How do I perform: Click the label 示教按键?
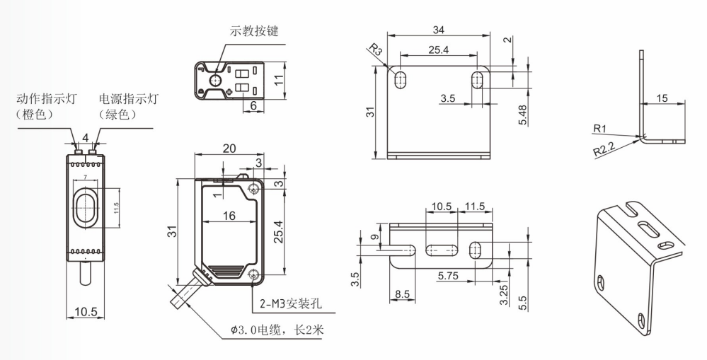[x=253, y=31]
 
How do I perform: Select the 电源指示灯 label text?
[x=128, y=98]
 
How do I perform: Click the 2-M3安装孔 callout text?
[x=291, y=305]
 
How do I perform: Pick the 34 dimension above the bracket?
[x=438, y=30]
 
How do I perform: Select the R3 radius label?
[x=375, y=50]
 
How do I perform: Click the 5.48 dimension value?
[x=522, y=115]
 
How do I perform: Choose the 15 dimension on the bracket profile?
[x=662, y=98]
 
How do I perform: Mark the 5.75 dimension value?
[x=447, y=274]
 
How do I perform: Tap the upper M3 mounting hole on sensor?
[x=254, y=187]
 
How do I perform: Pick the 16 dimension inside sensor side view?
[x=227, y=216]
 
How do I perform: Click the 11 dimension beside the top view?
[x=280, y=79]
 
